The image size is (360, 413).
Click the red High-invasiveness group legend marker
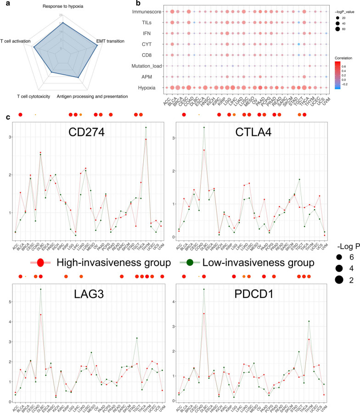coord(40,263)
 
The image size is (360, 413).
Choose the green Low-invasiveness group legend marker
coord(191,263)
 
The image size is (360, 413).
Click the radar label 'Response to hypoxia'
coord(63,6)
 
